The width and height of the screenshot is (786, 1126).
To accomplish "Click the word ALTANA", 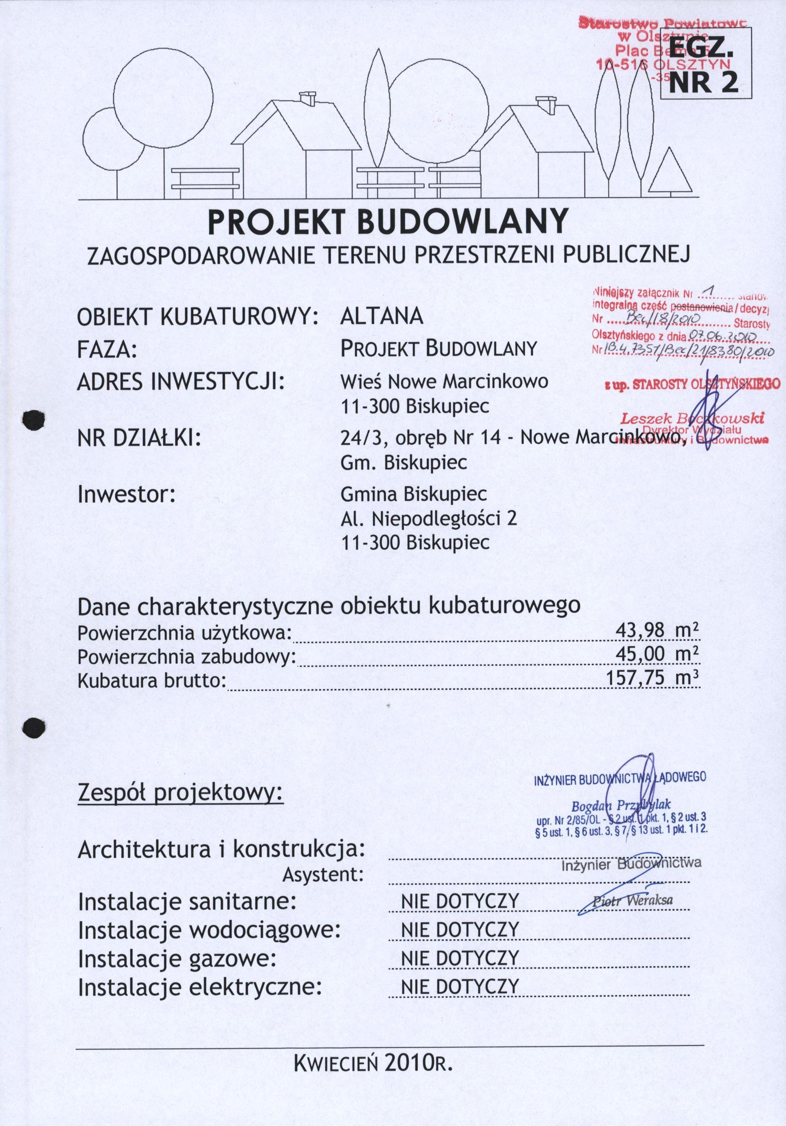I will (381, 316).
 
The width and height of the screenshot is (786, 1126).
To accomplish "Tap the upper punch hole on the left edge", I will (34, 420).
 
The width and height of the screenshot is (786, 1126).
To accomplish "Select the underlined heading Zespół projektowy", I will (181, 791).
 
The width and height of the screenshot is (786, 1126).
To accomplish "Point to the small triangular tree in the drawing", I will (670, 172).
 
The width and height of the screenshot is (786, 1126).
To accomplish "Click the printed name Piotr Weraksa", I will (633, 900).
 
